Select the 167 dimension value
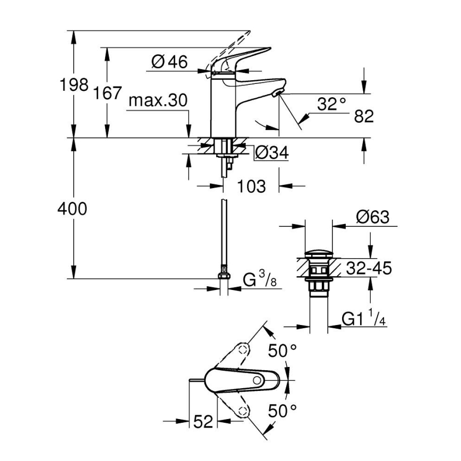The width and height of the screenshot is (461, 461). tap(108, 93)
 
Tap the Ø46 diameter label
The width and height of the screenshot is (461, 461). tap(169, 62)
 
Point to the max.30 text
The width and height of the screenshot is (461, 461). tap(158, 100)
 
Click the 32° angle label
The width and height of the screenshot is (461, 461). tap(331, 104)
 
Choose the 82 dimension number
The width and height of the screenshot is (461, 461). tap(363, 116)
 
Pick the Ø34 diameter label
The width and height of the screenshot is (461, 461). tap(271, 153)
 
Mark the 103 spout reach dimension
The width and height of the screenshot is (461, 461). tap(251, 186)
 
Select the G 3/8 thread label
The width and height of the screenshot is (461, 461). tap(260, 280)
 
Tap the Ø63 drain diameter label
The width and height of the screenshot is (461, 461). tap(372, 217)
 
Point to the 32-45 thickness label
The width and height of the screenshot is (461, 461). tap(368, 268)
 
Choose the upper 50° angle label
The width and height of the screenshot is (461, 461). tap(283, 351)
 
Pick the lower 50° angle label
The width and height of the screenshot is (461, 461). tap(283, 410)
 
